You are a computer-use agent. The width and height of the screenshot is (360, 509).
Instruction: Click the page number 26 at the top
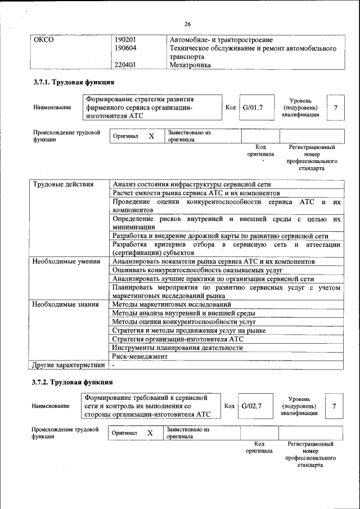coord(187,24)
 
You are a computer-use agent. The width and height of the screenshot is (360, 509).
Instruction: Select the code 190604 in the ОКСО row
coord(126,48)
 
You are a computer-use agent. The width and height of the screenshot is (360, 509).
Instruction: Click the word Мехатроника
coord(190,65)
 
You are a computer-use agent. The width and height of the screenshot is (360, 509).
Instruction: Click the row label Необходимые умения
coord(66,262)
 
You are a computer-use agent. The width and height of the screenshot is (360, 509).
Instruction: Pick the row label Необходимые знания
coord(66,304)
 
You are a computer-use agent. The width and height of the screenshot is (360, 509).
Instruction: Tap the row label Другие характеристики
coord(68,365)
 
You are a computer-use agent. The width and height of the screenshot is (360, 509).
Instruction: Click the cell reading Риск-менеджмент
coord(140,356)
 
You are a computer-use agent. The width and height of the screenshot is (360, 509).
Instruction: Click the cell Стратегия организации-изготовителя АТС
coord(178,339)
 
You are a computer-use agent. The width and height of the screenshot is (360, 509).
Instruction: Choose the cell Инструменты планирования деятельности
coord(177,348)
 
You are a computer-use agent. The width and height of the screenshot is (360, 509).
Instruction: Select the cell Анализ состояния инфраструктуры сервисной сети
coord(192,184)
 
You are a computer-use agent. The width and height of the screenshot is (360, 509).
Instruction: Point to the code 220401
coord(126,65)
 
